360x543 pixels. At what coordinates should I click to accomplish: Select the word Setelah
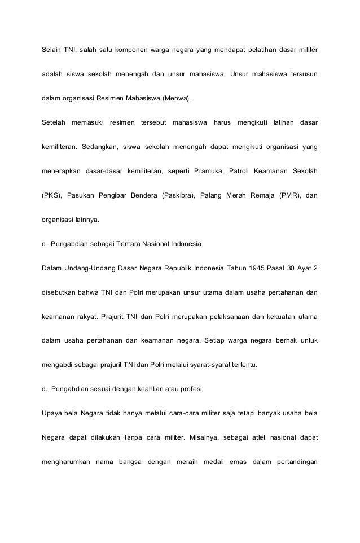(x=54, y=122)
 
